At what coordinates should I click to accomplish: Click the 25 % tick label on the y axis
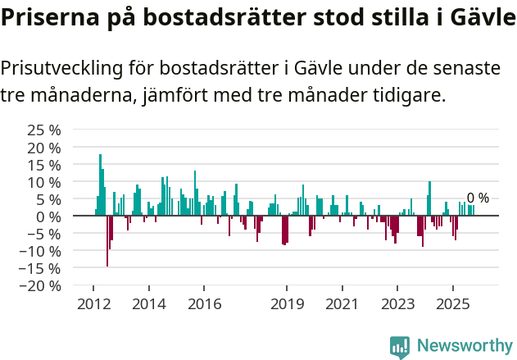pos(44,130)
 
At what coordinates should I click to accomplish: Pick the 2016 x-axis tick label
pos(204,304)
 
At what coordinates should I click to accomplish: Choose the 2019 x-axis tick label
pos(287,304)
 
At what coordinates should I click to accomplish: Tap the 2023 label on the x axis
pos(397,304)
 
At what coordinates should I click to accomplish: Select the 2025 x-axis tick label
pos(452,304)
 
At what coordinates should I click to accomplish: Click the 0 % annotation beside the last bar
pos(478,198)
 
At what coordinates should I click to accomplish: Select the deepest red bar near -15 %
pos(107,241)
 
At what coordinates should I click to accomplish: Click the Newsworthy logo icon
pos(400,346)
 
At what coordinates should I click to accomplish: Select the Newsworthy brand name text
pos(464,346)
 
